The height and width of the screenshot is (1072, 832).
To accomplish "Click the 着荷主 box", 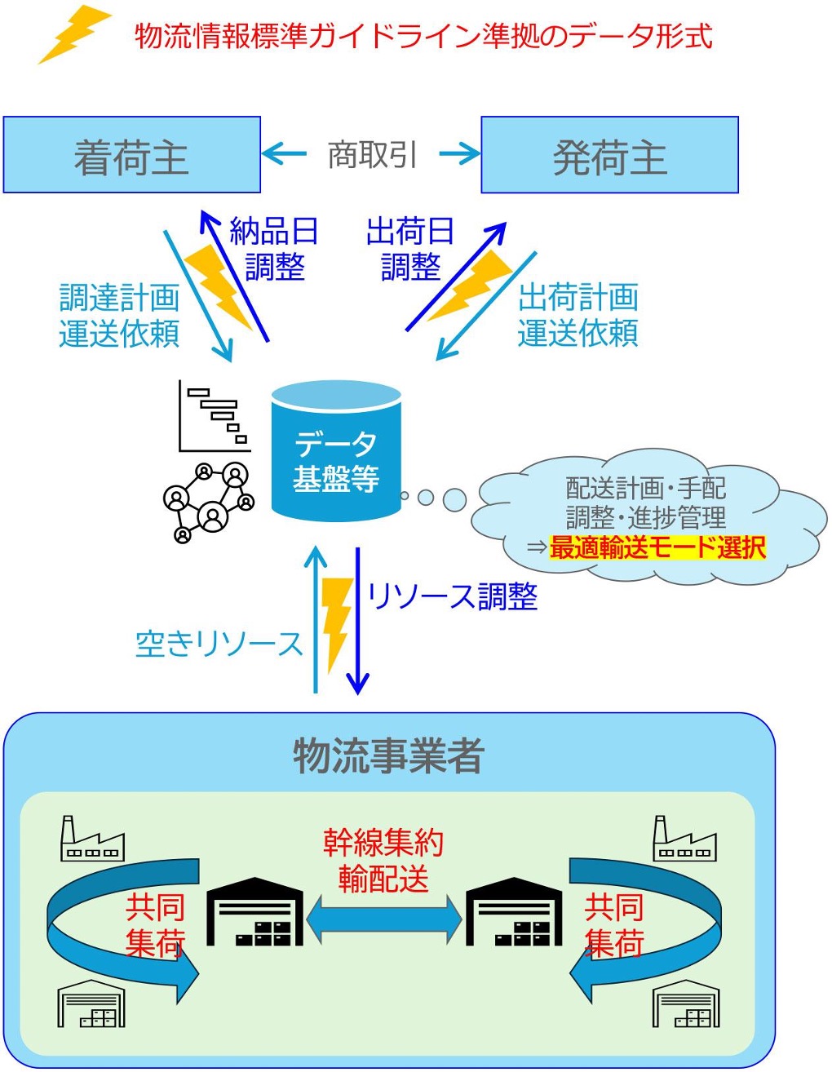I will click(x=131, y=155).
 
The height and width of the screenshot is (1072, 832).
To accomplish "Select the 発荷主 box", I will click(x=609, y=155).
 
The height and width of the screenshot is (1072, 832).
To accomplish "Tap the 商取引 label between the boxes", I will click(x=372, y=154).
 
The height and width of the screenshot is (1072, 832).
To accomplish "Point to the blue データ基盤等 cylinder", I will click(x=336, y=453).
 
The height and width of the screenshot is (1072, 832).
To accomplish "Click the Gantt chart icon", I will click(x=215, y=416).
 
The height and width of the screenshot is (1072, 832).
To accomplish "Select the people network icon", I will click(x=209, y=501).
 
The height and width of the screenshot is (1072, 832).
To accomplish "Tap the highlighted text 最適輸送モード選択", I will click(x=657, y=547).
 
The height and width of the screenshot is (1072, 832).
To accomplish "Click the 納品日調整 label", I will click(x=274, y=249).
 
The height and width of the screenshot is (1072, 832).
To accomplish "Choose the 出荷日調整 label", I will click(x=410, y=249).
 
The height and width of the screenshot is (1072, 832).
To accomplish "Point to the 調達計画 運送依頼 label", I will click(x=119, y=315).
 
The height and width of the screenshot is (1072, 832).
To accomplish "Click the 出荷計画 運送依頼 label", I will click(x=578, y=315).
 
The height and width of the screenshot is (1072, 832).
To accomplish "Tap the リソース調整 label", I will click(x=452, y=596).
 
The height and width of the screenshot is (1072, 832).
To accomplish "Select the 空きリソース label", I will click(x=219, y=645).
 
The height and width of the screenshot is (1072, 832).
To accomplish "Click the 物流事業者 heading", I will click(x=388, y=755).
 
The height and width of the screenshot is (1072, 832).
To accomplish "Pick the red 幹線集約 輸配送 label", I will click(x=383, y=861).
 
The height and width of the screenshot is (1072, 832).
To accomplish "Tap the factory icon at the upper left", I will click(x=92, y=839).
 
